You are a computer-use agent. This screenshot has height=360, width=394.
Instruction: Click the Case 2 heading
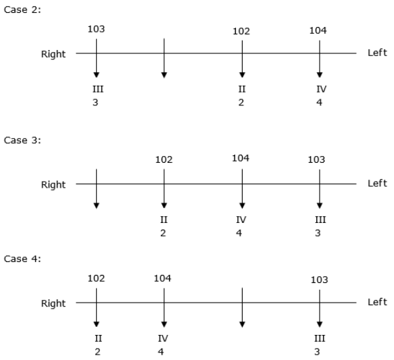pyautogui.click(x=22, y=9)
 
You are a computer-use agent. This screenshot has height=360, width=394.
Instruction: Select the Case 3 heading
pyautogui.click(x=22, y=140)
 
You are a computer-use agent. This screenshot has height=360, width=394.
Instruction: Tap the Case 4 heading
pyautogui.click(x=22, y=259)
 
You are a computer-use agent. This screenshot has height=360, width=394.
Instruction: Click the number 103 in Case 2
pyautogui.click(x=96, y=29)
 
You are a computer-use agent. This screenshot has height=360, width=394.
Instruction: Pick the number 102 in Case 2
pyautogui.click(x=241, y=31)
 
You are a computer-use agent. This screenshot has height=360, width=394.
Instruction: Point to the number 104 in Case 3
pyautogui.click(x=241, y=158)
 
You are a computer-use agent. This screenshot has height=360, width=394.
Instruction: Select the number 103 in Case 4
pyautogui.click(x=320, y=280)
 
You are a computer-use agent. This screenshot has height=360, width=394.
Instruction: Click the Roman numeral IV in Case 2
pyautogui.click(x=322, y=89)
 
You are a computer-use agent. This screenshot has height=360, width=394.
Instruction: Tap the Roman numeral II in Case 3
pyautogui.click(x=164, y=220)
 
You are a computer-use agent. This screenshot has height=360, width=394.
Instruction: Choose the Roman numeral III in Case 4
pyautogui.click(x=320, y=338)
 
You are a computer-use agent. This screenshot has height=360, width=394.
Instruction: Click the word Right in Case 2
pyautogui.click(x=53, y=54)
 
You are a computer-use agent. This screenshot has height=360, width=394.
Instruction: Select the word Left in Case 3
pyautogui.click(x=377, y=183)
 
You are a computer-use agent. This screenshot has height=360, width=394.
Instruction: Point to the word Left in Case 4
pyautogui.click(x=377, y=302)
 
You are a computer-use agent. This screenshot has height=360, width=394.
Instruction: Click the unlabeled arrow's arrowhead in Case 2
pyautogui.click(x=164, y=75)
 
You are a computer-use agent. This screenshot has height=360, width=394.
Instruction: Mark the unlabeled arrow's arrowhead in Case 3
pyautogui.click(x=96, y=205)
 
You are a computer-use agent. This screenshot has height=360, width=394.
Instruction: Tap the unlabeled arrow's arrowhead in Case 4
pyautogui.click(x=242, y=324)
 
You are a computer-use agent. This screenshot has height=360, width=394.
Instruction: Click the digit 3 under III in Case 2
pyautogui.click(x=95, y=103)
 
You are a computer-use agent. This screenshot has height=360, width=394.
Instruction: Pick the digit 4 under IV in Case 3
pyautogui.click(x=239, y=233)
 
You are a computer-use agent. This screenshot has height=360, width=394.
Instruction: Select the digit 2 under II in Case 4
pyautogui.click(x=97, y=352)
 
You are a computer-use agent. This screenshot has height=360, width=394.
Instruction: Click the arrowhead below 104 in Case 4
pyautogui.click(x=164, y=324)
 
